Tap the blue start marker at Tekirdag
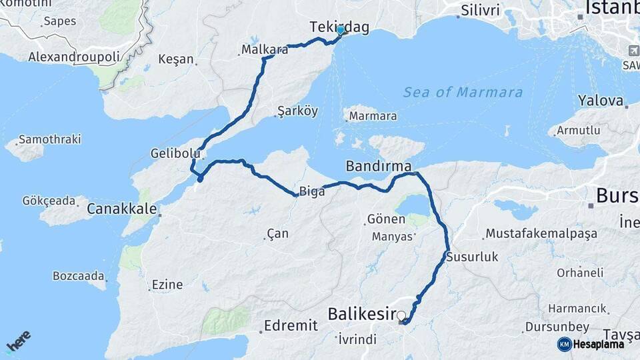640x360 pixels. pyautogui.click(x=341, y=31)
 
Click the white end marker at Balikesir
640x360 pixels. pyautogui.click(x=401, y=315)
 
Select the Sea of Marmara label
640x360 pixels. pyautogui.click(x=463, y=93)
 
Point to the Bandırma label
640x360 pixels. pyautogui.click(x=378, y=165)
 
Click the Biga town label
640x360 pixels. pyautogui.click(x=312, y=192)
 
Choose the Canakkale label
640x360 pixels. pyautogui.click(x=122, y=209)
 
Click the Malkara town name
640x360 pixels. pyautogui.click(x=265, y=50)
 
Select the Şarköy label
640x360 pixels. pyautogui.click(x=297, y=111)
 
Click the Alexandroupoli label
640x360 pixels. pyautogui.click(x=73, y=57)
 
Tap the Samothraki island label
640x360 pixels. pyautogui.click(x=49, y=139)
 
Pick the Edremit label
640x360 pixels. pyautogui.click(x=291, y=325)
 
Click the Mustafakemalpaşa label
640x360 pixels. pyautogui.click(x=541, y=233)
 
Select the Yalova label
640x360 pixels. pyautogui.click(x=601, y=102)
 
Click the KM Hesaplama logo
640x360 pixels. pyautogui.click(x=591, y=344)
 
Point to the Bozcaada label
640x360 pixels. pyautogui.click(x=79, y=275)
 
